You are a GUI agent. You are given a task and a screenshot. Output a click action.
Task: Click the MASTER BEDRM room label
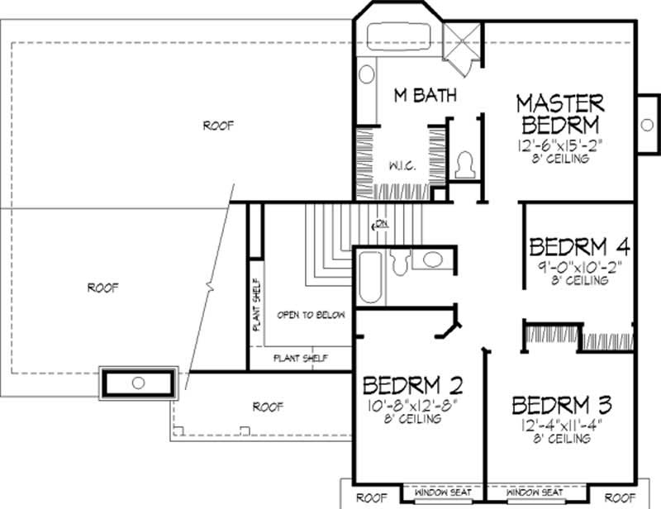point(560,115)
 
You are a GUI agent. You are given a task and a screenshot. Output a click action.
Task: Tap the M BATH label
point(424,96)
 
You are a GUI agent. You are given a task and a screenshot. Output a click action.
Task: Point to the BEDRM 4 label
point(580,247)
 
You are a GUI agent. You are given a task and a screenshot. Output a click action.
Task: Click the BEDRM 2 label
point(412,386)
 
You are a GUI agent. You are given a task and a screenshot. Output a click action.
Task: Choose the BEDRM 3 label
point(561,406)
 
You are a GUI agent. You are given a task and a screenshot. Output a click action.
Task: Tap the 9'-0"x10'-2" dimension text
point(579,268)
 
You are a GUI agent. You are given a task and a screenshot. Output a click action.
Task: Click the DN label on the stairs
point(381,223)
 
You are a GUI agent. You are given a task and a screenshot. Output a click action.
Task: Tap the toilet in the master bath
point(465,163)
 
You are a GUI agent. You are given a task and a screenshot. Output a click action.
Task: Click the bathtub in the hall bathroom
point(369,279)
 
